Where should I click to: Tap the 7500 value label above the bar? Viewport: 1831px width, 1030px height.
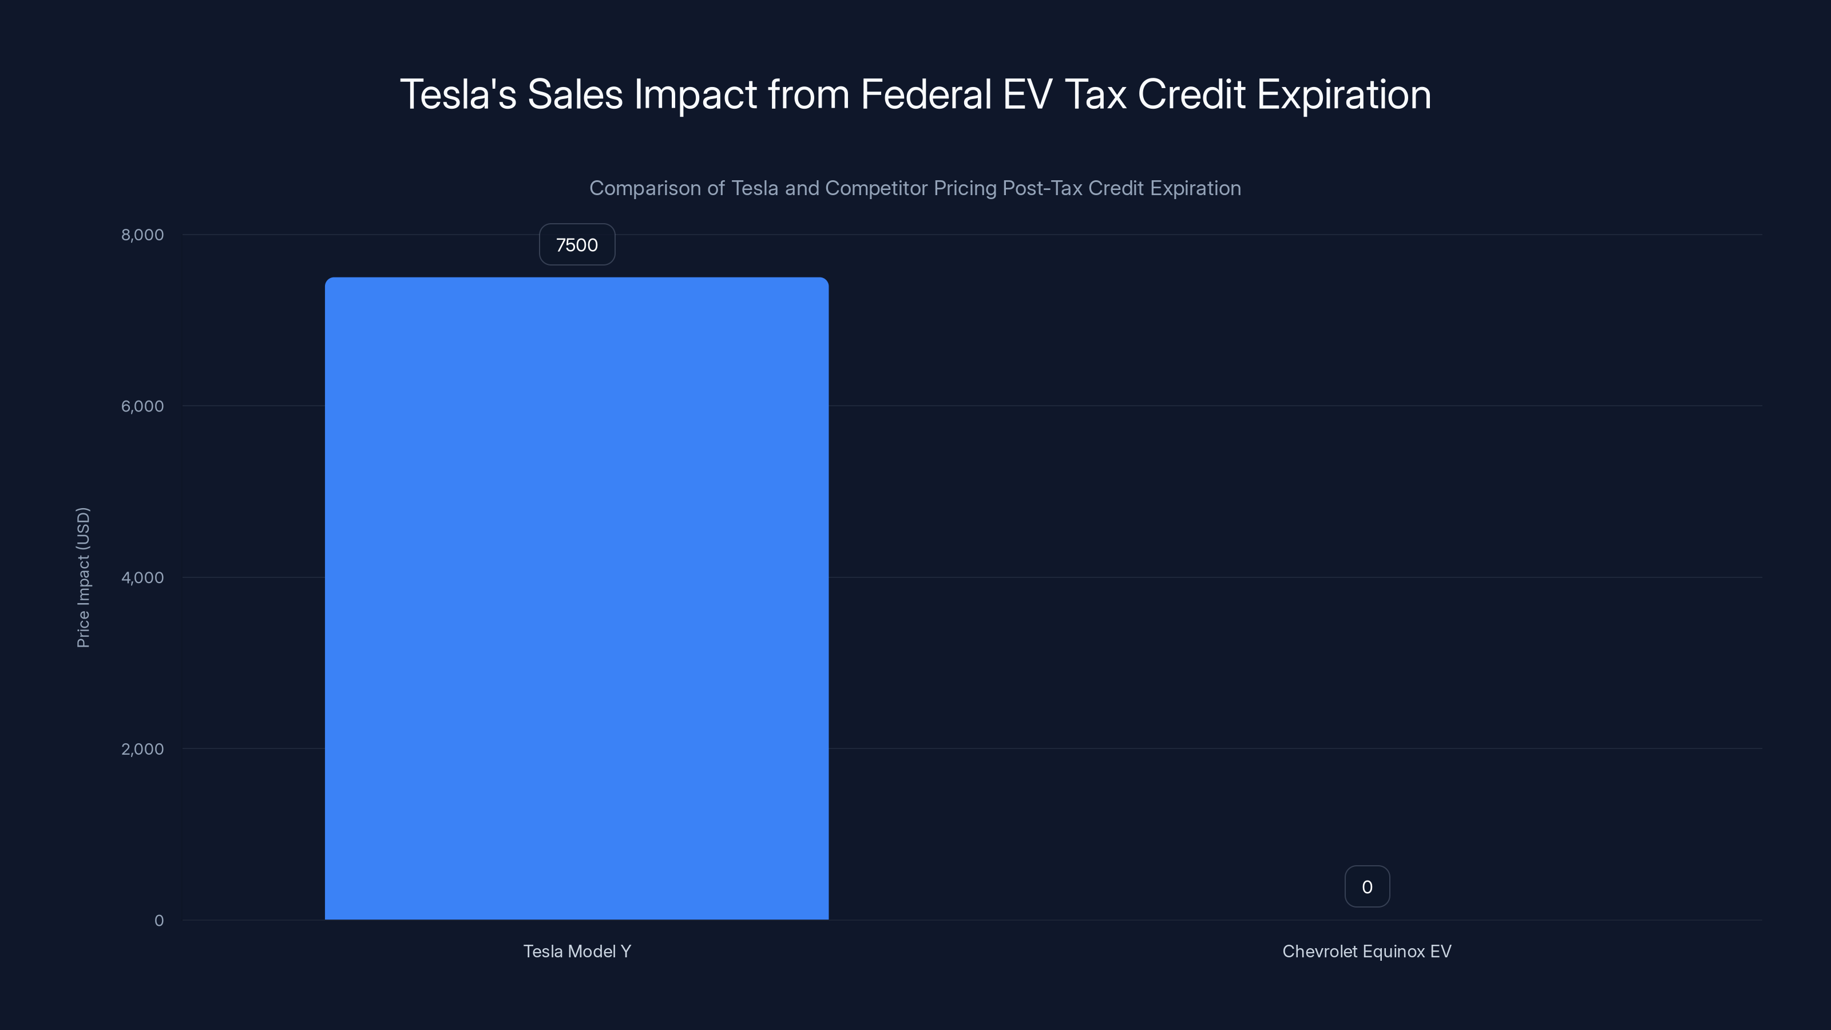tap(576, 244)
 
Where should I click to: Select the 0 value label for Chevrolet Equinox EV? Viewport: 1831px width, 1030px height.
tap(1366, 886)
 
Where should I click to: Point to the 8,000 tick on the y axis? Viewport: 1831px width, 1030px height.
tap(142, 235)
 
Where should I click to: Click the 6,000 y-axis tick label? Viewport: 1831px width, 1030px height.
tap(142, 406)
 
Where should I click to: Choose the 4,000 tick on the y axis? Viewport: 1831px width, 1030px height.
tap(142, 577)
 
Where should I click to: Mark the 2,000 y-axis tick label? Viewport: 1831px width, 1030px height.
tap(142, 748)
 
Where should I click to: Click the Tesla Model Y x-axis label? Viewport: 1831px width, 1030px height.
tap(576, 951)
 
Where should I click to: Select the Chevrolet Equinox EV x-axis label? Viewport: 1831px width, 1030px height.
tap(1366, 951)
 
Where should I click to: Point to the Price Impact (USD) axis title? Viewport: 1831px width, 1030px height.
tap(83, 577)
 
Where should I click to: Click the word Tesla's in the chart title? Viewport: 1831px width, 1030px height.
tap(458, 94)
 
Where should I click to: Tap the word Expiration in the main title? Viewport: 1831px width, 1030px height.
tap(1343, 94)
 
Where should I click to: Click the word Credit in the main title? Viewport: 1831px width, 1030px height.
tap(1191, 94)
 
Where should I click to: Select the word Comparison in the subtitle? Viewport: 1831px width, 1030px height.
tap(645, 188)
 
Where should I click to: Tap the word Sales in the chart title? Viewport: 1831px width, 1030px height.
tap(574, 94)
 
